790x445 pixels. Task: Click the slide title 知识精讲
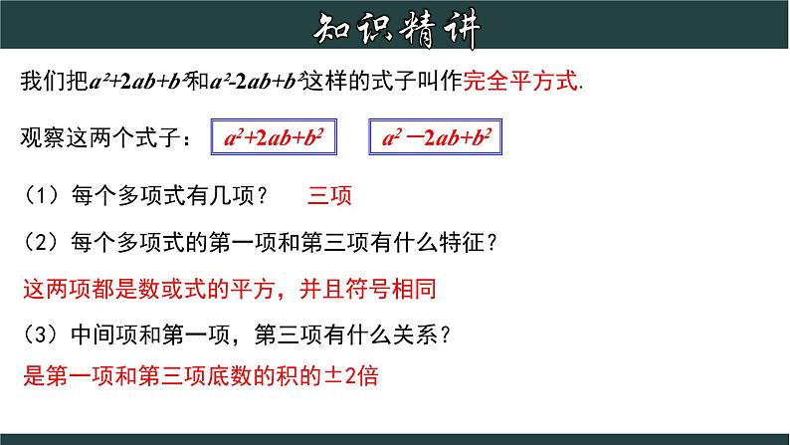(396, 29)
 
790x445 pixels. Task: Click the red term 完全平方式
(520, 81)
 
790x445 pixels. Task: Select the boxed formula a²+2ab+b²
(274, 136)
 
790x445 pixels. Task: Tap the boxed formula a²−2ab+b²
(436, 136)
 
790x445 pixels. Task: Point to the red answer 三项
(329, 195)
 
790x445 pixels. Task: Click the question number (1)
(42, 195)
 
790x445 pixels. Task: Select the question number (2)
(42, 242)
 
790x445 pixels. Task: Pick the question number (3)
(42, 334)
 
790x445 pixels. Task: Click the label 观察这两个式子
(99, 137)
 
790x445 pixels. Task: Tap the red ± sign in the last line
(333, 376)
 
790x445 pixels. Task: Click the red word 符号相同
(390, 289)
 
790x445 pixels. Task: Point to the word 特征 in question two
(462, 242)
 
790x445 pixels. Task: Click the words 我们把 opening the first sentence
(55, 81)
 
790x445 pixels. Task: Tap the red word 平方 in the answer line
(253, 289)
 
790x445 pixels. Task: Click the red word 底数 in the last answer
(229, 376)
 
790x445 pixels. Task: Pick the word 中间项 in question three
(104, 334)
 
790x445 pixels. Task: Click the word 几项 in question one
(231, 195)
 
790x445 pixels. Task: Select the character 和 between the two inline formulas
(198, 81)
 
